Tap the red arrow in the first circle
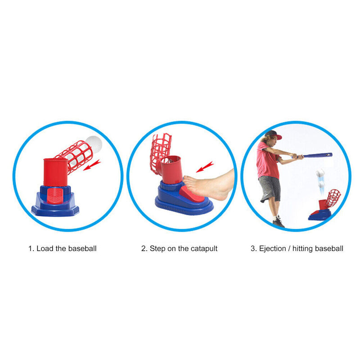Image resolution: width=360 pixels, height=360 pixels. [x=92, y=166]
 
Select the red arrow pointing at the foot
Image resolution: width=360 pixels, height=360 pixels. [x=205, y=167]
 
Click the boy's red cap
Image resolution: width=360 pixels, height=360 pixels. [x=273, y=135]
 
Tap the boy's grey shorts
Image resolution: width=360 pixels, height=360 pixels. [x=269, y=188]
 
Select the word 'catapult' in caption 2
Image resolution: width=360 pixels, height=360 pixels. [x=202, y=248]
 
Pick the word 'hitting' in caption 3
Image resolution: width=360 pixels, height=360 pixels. [x=302, y=248]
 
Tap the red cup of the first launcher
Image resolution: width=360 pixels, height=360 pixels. [x=55, y=171]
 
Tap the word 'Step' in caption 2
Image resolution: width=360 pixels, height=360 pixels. [x=157, y=248]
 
